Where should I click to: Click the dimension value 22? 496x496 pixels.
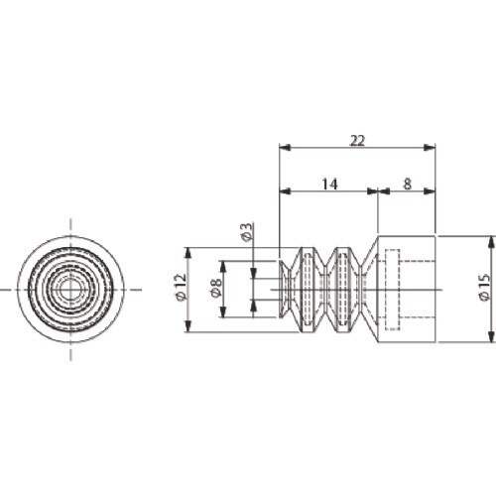click(357, 141)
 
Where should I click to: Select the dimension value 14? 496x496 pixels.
click(329, 185)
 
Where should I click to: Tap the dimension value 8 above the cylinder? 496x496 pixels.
click(408, 184)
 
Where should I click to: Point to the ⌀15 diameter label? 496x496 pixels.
click(484, 287)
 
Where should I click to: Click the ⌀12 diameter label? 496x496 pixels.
click(182, 288)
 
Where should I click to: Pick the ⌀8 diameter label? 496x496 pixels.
click(216, 288)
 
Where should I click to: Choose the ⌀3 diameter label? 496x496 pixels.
click(248, 232)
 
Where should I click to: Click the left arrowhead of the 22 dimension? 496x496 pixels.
click(285, 148)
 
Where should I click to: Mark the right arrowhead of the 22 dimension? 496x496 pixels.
click(430, 148)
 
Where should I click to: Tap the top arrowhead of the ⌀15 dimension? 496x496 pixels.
click(490, 242)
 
